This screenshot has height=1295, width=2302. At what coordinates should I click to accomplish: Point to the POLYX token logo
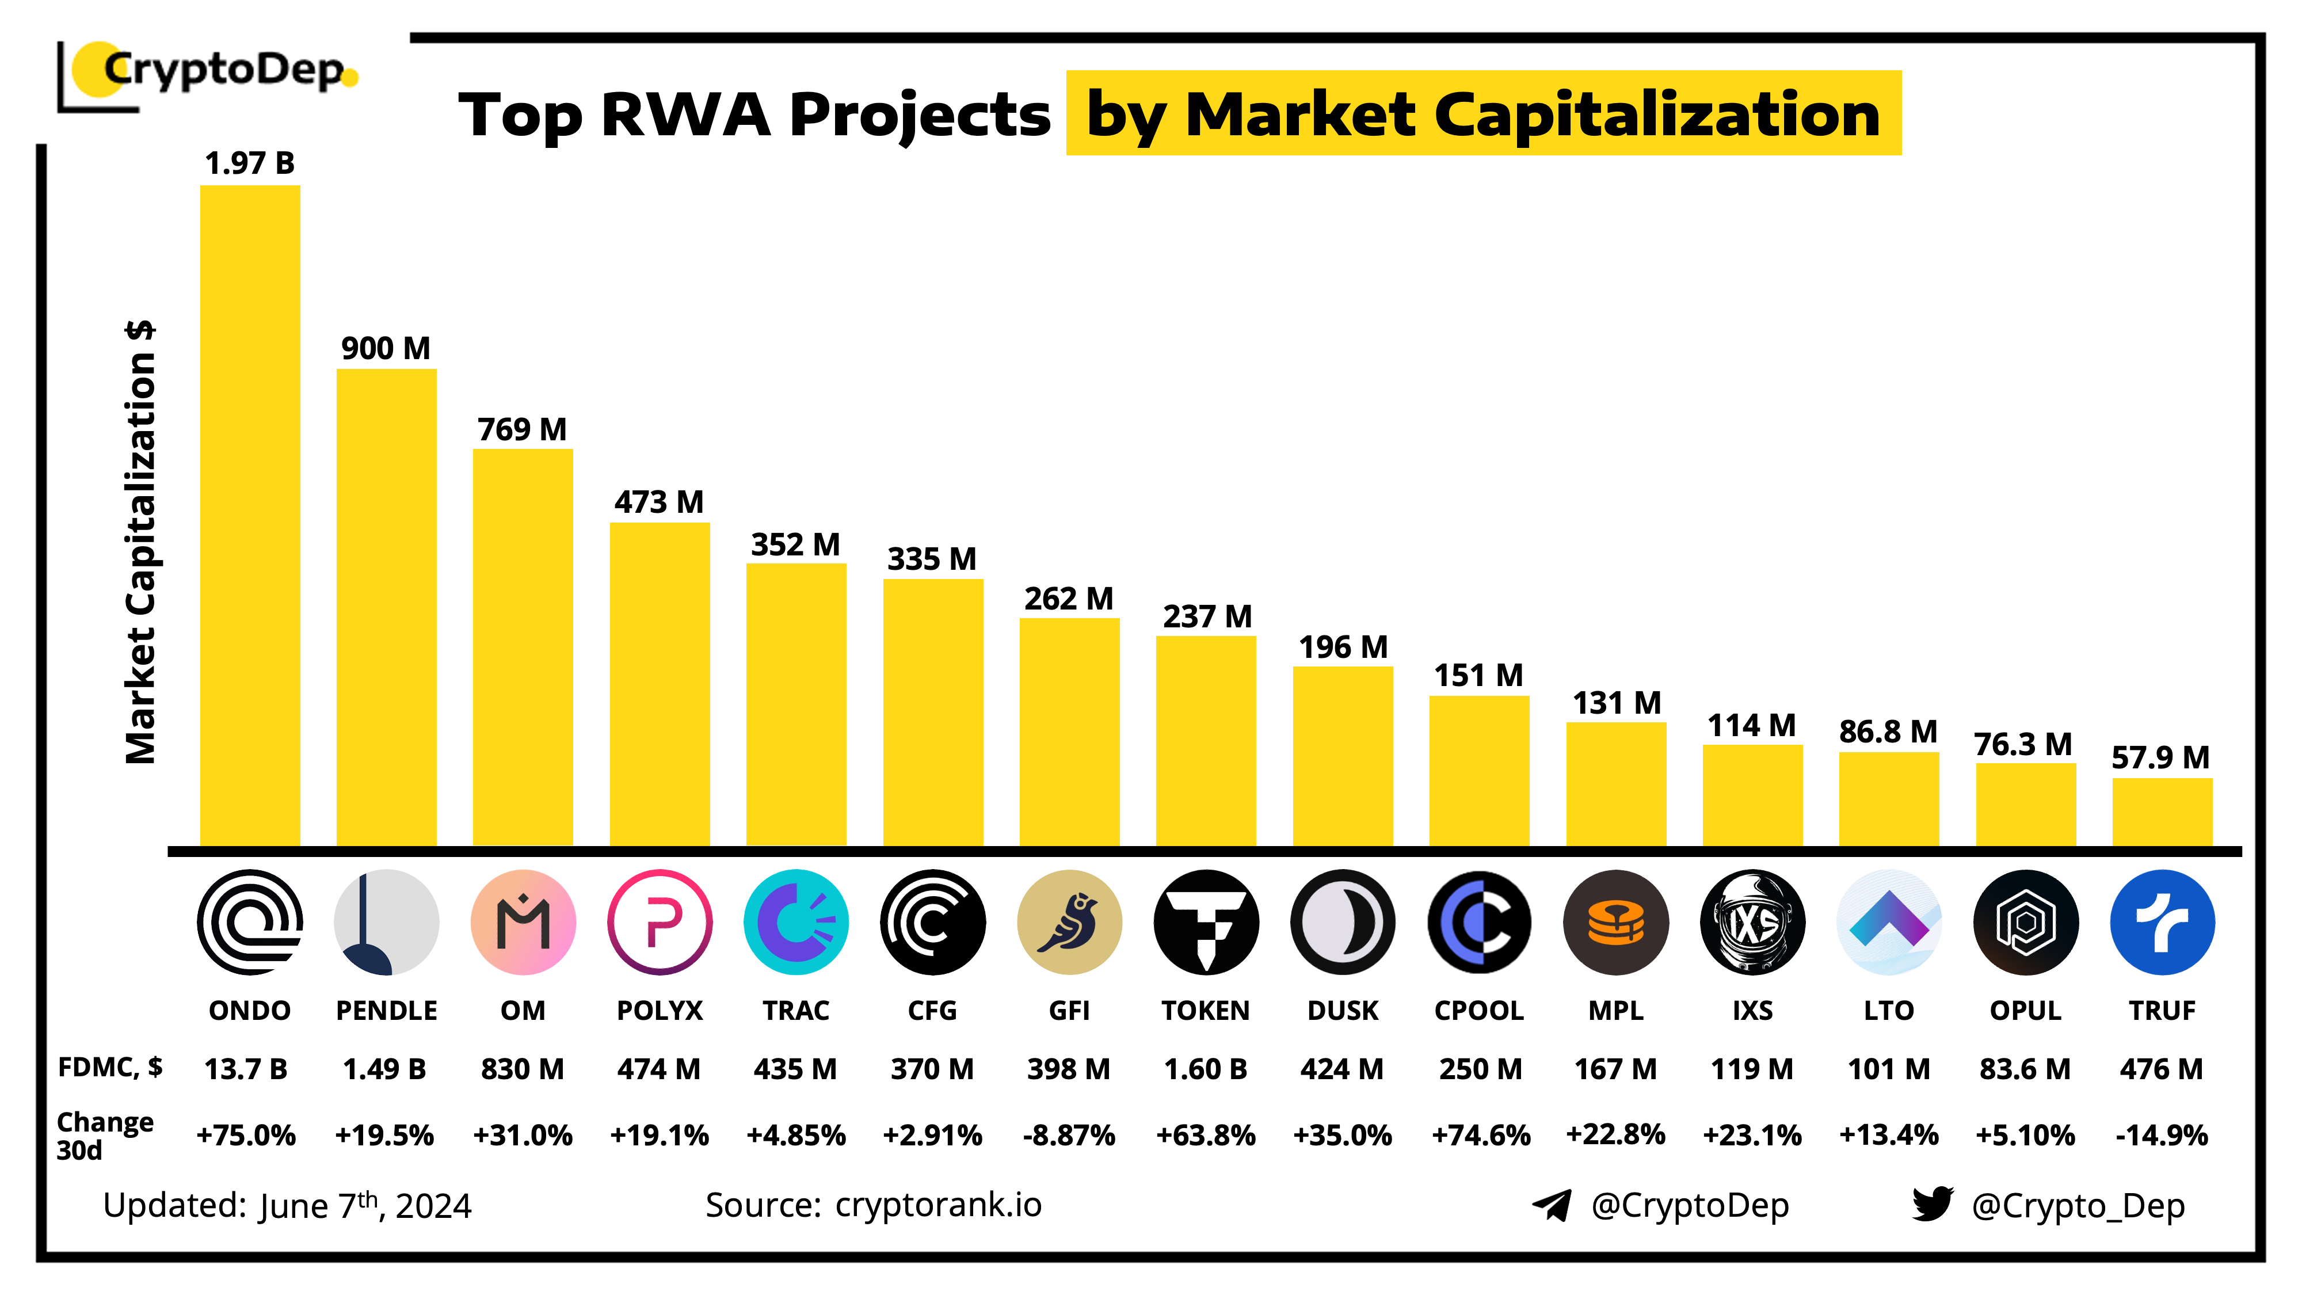[660, 921]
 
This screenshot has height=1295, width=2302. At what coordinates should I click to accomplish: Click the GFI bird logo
[1069, 921]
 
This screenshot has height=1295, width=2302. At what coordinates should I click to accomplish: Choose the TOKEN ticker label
[1206, 1010]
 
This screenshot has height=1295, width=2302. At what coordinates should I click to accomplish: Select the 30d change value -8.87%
[1069, 1135]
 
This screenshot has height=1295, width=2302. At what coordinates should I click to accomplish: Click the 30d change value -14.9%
[2161, 1135]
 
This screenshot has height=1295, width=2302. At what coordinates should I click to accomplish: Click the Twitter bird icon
[1932, 1204]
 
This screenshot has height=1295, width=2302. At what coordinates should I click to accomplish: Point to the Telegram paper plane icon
[1552, 1205]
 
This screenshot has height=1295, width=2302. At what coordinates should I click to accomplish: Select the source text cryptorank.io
[937, 1205]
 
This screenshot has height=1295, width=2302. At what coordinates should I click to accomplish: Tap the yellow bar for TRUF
[2162, 812]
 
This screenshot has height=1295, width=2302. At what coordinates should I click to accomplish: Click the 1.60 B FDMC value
[1206, 1069]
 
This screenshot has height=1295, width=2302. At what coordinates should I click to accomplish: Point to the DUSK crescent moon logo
[1342, 921]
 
